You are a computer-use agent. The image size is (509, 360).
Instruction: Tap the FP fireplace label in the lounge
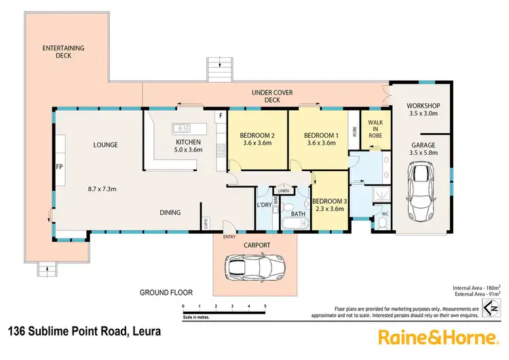coord(59,165)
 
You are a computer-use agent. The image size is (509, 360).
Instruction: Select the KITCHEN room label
coord(188,142)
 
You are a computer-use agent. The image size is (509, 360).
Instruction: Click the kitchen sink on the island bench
coord(182,127)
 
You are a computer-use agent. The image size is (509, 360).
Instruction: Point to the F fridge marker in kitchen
coord(220,116)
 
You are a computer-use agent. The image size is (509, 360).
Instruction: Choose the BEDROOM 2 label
coord(257,135)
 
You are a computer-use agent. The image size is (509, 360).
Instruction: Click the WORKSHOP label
coord(423,105)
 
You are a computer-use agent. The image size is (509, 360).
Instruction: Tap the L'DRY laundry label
coord(264,204)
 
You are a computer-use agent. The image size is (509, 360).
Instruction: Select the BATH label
coord(299,214)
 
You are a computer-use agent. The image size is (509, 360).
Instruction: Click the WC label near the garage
coord(384,214)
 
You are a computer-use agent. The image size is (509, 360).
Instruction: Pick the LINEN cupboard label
coord(284,191)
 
